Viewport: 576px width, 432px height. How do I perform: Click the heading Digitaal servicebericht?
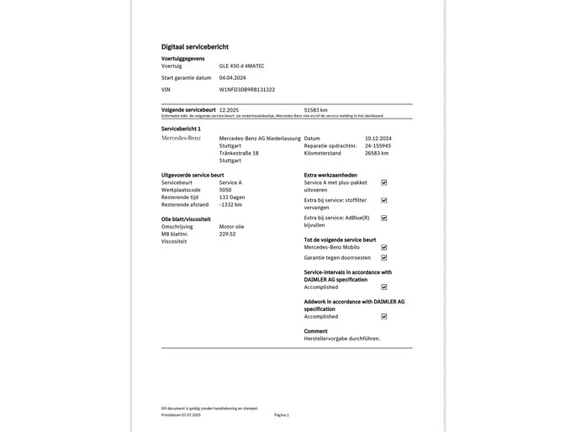point(194,47)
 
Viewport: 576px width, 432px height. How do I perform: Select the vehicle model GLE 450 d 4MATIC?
point(241,66)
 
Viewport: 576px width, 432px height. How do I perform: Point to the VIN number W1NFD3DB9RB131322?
point(246,89)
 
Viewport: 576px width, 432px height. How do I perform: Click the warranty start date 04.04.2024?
point(233,77)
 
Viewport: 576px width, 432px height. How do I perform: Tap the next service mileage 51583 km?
point(315,109)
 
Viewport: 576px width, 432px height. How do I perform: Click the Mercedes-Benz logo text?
point(181,138)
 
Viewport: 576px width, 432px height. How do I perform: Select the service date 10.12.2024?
point(379,138)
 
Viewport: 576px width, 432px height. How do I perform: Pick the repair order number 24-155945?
point(378,145)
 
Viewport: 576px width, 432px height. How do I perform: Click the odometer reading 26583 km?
point(377,153)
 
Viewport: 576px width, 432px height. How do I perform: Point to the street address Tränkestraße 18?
point(239,153)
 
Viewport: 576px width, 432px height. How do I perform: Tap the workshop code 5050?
point(225,190)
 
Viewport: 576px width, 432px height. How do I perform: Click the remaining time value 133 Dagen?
point(232,197)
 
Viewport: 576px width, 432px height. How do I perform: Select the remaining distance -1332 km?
point(230,204)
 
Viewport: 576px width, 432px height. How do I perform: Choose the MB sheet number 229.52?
point(227,234)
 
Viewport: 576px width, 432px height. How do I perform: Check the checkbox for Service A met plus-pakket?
point(384,182)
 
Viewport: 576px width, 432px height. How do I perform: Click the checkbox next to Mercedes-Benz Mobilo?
point(384,247)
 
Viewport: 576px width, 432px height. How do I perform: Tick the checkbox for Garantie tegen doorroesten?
point(384,258)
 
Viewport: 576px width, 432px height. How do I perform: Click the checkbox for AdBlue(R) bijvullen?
point(384,218)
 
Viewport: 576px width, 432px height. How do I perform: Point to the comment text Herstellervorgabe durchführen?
point(342,338)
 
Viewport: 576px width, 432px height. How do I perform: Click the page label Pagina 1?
point(281,414)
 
